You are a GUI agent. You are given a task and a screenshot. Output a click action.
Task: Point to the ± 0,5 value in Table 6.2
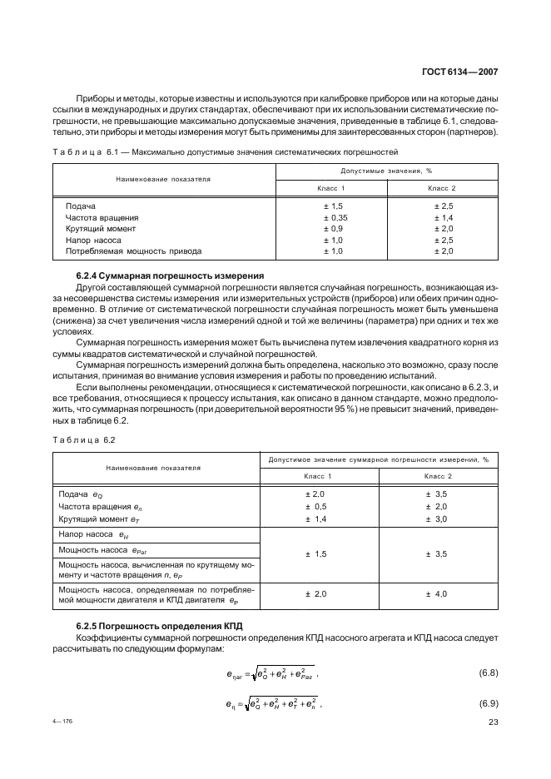[x=315, y=506]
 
